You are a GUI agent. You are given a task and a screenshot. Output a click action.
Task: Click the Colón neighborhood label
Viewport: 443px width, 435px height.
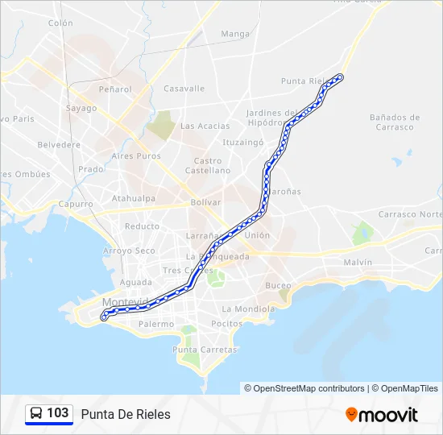pos(60,23)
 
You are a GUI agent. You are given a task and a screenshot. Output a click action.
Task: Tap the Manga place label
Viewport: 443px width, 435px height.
pos(235,34)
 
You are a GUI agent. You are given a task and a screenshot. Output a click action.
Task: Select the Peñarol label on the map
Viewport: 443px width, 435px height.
pos(115,89)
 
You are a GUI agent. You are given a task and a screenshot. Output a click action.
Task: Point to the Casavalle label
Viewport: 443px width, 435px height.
pos(184,89)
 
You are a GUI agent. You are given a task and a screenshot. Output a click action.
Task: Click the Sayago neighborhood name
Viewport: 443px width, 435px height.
pos(81,108)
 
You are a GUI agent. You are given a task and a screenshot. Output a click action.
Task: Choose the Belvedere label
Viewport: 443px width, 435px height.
pos(60,145)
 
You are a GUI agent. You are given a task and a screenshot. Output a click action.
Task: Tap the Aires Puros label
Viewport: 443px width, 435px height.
pos(136,156)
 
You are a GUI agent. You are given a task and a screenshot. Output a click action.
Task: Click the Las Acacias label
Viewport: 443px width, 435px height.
pos(205,126)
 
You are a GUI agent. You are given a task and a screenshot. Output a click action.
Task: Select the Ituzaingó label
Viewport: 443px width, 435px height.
pos(242,142)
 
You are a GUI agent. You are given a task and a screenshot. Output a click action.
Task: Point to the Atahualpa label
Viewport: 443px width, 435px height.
pos(134,197)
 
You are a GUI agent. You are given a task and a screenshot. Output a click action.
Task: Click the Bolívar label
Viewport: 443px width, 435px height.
pos(205,203)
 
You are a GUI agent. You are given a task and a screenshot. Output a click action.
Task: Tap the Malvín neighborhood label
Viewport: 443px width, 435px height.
pos(358,263)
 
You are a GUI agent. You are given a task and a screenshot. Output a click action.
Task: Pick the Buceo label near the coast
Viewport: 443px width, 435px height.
pos(278,286)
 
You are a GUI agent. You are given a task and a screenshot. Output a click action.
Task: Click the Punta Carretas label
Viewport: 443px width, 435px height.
pos(205,350)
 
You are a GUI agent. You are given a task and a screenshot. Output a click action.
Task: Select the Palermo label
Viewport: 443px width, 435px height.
pos(155,325)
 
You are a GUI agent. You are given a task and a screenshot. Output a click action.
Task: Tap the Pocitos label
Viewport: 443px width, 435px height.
pos(226,324)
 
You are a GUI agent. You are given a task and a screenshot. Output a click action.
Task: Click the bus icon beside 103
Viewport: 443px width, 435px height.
pos(36,414)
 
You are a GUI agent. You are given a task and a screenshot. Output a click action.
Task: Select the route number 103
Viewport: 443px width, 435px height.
pos(57,413)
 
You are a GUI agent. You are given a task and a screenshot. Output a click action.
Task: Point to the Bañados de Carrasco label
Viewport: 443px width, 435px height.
pos(391,122)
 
